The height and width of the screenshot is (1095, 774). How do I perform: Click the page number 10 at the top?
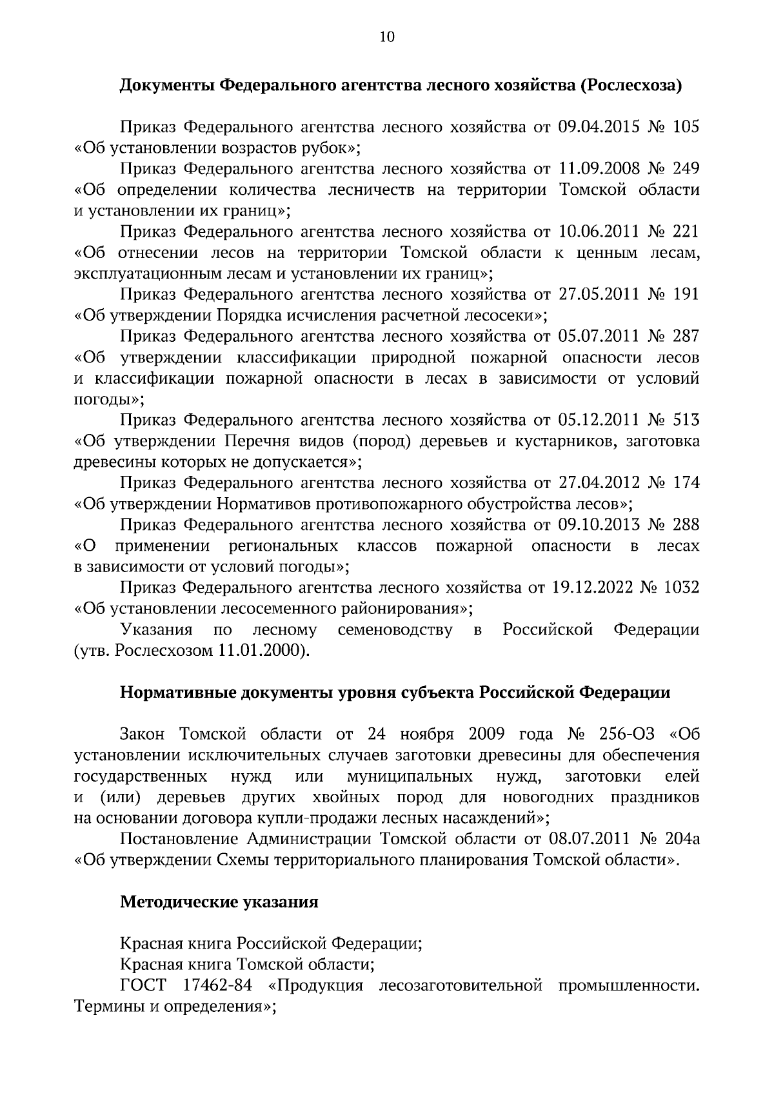click(x=387, y=37)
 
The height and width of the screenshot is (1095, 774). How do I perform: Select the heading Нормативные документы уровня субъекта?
click(x=395, y=693)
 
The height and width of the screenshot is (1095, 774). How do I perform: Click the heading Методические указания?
click(x=219, y=902)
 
